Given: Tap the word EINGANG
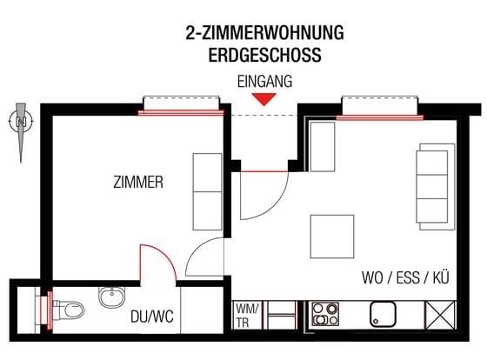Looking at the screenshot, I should pyautogui.click(x=264, y=81).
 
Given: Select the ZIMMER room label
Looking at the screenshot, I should pyautogui.click(x=138, y=183).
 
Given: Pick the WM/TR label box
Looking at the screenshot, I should pyautogui.click(x=246, y=314).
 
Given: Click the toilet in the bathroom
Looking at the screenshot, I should pyautogui.click(x=70, y=308).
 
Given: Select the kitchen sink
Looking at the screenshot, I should pyautogui.click(x=383, y=313).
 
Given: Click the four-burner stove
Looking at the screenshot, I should pyautogui.click(x=325, y=313).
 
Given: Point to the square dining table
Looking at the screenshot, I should pyautogui.click(x=332, y=236).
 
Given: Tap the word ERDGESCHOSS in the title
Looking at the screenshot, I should pyautogui.click(x=264, y=54).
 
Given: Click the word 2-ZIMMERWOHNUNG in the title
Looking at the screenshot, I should pyautogui.click(x=264, y=34).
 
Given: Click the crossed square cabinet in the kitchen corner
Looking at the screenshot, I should pyautogui.click(x=439, y=313).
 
